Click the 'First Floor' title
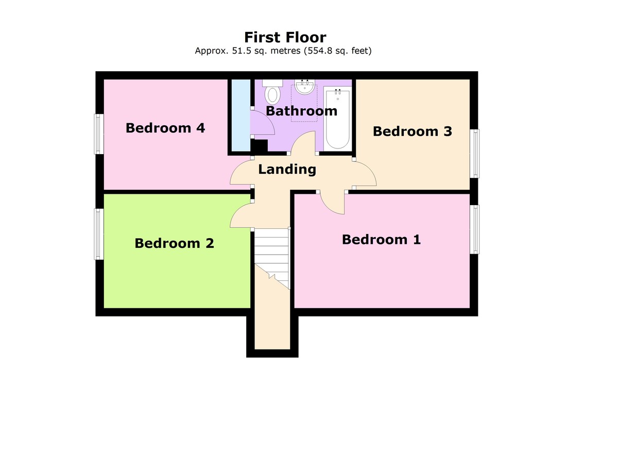coord(285,37)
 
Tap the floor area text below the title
coord(283,51)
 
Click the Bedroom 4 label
coord(165,127)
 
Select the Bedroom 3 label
coord(412,131)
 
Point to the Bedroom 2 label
coord(174,243)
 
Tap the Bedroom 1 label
coord(381,239)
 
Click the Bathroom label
coord(302,111)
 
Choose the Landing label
coord(287,169)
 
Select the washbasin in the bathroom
coord(305,87)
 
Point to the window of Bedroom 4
coord(98,134)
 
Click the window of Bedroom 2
coord(98,234)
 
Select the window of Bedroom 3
coord(476,154)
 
